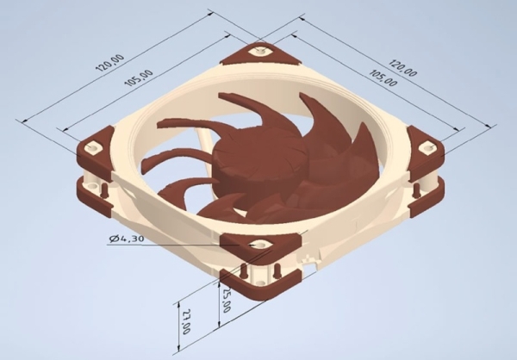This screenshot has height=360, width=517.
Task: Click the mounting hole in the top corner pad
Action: (x=258, y=51)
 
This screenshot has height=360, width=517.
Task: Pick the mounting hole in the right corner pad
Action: (x=423, y=146)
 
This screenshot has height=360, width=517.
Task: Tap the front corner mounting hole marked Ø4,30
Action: (x=257, y=245)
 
